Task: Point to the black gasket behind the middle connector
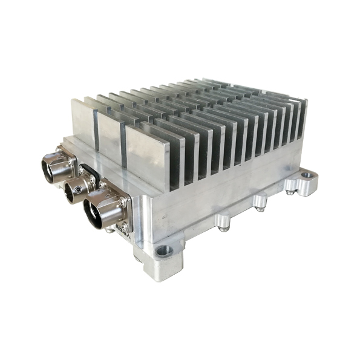click(x=87, y=172)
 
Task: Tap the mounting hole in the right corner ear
click(x=307, y=175)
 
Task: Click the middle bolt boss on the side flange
click(x=260, y=200)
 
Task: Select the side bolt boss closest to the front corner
click(x=223, y=220)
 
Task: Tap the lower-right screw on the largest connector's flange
click(x=123, y=227)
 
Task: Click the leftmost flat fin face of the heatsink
click(x=83, y=123)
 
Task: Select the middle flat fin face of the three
click(x=110, y=138)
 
